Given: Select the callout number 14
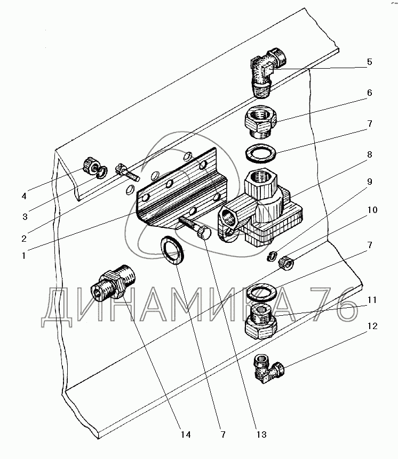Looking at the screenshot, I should pyautogui.click(x=185, y=435).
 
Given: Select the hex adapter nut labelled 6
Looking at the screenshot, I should pyautogui.click(x=260, y=120).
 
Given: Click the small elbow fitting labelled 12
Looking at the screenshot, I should pyautogui.click(x=268, y=368).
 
